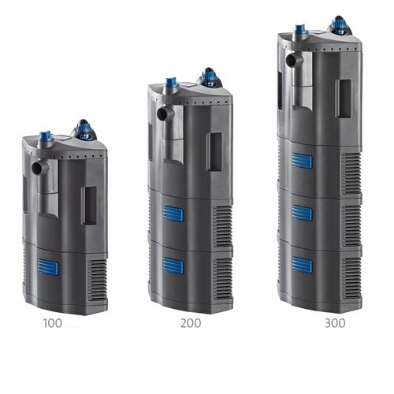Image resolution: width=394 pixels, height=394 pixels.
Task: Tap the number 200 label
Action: (x=190, y=322)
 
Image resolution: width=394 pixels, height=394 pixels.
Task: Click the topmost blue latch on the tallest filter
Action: (x=302, y=162)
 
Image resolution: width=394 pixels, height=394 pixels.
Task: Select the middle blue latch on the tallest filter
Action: (x=302, y=213)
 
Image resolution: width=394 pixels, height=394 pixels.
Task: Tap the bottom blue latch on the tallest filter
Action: (x=301, y=265)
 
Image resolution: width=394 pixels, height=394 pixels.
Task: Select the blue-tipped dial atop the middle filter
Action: (x=208, y=76)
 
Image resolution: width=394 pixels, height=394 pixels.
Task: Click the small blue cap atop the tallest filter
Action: (x=299, y=31)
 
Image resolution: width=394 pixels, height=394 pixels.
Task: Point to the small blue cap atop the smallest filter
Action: (x=46, y=136)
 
